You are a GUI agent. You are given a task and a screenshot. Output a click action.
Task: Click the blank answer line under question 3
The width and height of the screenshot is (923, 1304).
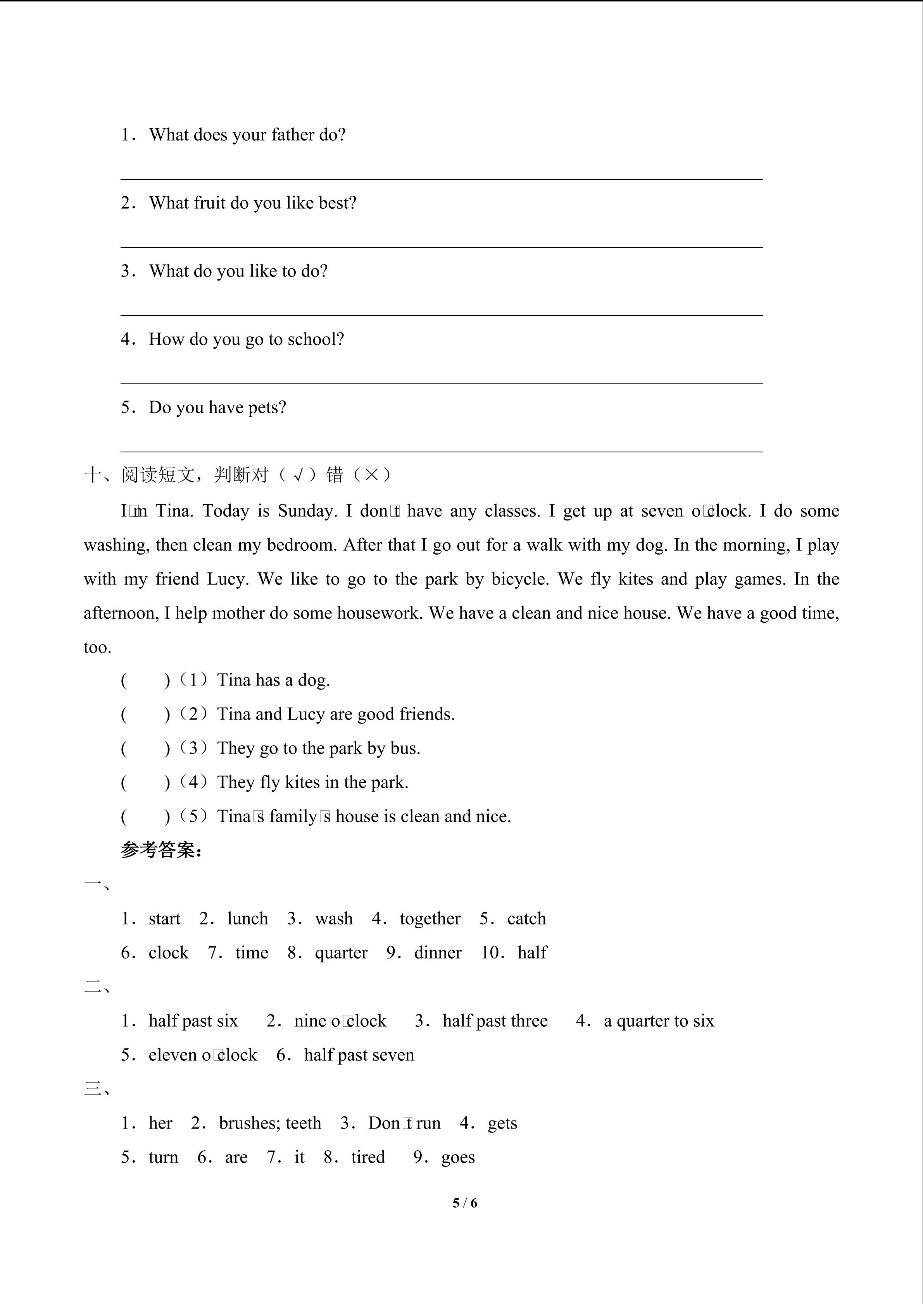(x=441, y=314)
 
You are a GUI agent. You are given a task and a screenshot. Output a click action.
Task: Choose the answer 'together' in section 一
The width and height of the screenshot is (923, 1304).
(x=430, y=919)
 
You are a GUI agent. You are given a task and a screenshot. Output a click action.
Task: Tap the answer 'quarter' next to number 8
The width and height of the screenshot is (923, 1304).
(x=341, y=953)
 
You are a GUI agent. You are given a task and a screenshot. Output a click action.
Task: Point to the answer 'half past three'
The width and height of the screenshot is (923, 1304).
(x=495, y=1021)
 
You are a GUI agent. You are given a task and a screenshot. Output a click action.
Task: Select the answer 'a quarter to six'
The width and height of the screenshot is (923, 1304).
(x=658, y=1021)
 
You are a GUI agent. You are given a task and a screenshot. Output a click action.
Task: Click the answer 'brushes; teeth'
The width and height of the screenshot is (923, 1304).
(x=270, y=1124)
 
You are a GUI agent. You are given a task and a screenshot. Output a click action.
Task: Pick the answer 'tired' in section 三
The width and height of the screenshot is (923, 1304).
(x=368, y=1158)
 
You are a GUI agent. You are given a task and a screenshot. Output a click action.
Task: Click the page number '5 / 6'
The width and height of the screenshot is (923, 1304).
(x=464, y=1203)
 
